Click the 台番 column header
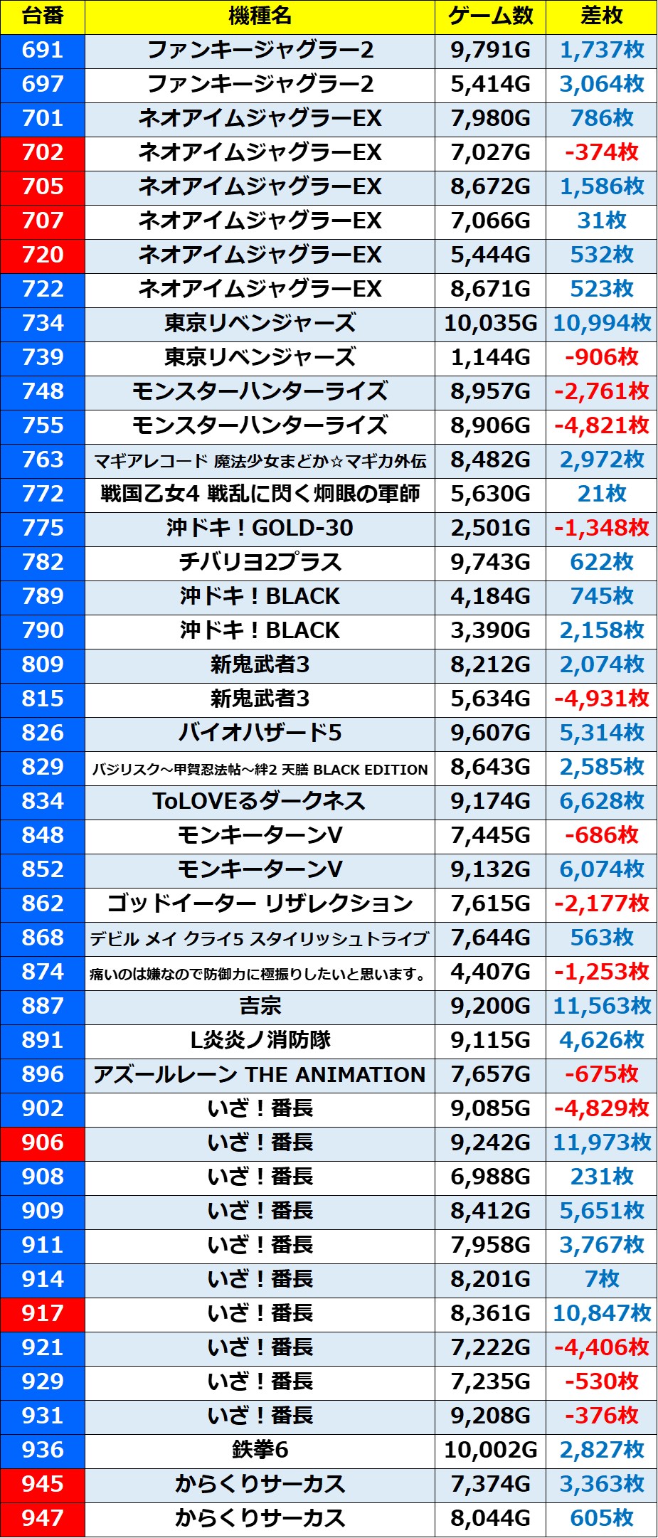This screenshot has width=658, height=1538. pyautogui.click(x=43, y=16)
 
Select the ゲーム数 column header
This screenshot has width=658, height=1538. pyautogui.click(x=490, y=16)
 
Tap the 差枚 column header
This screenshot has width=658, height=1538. pyautogui.click(x=602, y=16)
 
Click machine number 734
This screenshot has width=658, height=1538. pyautogui.click(x=43, y=324)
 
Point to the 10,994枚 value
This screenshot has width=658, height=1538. pyautogui.click(x=602, y=324)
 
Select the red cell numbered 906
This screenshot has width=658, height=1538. pyautogui.click(x=43, y=1143)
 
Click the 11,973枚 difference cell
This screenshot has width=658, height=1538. pyautogui.click(x=602, y=1143)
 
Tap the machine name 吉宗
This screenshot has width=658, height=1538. pyautogui.click(x=260, y=1007)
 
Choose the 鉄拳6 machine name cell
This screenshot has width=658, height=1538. pyautogui.click(x=260, y=1451)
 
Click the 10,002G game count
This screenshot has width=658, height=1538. pyautogui.click(x=490, y=1451)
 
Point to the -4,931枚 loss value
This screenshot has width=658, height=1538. pyautogui.click(x=602, y=699)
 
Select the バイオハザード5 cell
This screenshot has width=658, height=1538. pyautogui.click(x=260, y=733)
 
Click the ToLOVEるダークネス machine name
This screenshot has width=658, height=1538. pyautogui.click(x=260, y=802)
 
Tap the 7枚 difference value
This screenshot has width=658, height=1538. pyautogui.click(x=602, y=1280)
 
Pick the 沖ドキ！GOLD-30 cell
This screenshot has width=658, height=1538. pyautogui.click(x=260, y=529)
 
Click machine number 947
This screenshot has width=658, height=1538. pyautogui.click(x=43, y=1519)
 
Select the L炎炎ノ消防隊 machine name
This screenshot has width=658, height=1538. pyautogui.click(x=260, y=1041)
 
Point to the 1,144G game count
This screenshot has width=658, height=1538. pyautogui.click(x=490, y=358)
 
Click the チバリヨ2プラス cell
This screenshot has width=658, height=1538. pyautogui.click(x=260, y=563)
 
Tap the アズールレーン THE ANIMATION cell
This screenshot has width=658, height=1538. pyautogui.click(x=260, y=1075)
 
